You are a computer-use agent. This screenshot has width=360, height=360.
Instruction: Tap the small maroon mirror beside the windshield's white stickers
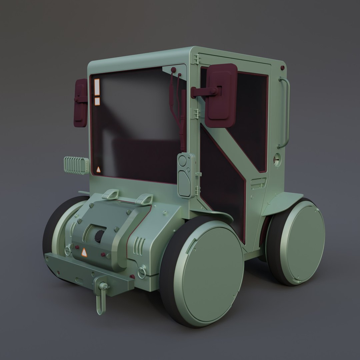[80, 103]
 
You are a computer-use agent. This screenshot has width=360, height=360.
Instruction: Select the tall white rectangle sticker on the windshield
[97, 87]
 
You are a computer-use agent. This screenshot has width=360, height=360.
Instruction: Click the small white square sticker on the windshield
[97, 101]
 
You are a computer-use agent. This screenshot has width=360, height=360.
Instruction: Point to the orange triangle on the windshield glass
[98, 170]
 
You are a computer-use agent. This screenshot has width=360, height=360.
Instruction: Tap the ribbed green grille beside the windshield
[76, 165]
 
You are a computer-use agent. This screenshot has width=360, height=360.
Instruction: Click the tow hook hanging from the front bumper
[100, 298]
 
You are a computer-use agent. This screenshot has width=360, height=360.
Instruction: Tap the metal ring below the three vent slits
[142, 272]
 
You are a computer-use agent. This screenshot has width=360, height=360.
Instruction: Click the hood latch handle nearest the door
[144, 199]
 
